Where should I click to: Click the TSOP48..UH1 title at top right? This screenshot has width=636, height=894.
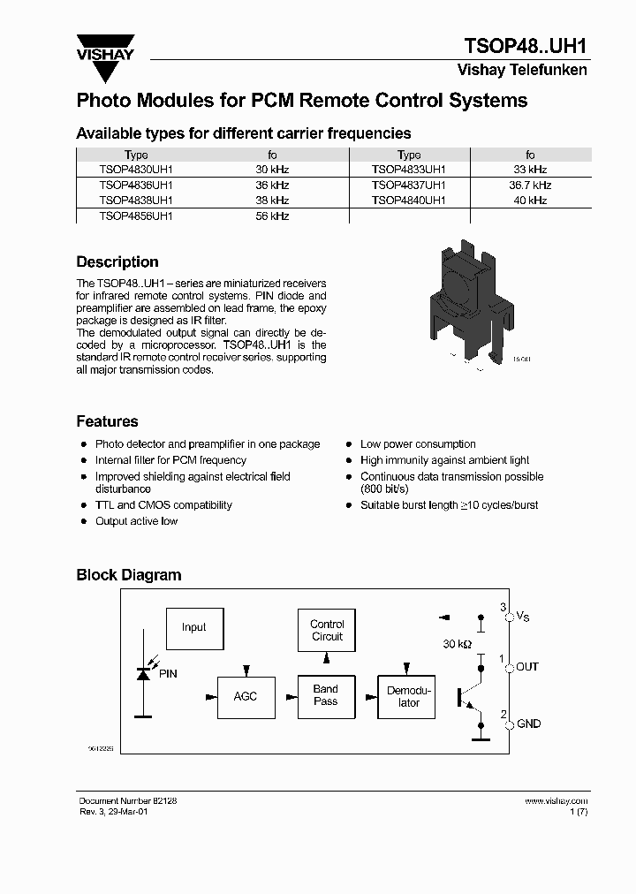526,46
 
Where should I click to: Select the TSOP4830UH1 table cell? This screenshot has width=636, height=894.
136,170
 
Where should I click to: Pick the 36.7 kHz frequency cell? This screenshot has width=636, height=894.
530,186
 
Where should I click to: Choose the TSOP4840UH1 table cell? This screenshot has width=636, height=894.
408,201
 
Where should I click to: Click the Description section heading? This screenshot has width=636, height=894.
117,262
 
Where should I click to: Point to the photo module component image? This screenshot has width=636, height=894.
465,299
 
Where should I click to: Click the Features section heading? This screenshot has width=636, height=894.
107,422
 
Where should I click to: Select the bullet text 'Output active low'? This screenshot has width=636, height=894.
136,521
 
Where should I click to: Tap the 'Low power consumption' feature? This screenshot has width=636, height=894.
418,444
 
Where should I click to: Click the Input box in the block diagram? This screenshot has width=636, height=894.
194,628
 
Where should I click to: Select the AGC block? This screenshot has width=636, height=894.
245,696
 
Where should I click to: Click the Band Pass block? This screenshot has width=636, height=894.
326,695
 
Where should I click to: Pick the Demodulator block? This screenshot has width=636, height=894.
409,696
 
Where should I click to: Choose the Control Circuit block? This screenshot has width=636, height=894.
327,630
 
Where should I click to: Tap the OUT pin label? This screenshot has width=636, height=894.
527,667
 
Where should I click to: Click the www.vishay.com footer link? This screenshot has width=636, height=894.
556,801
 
